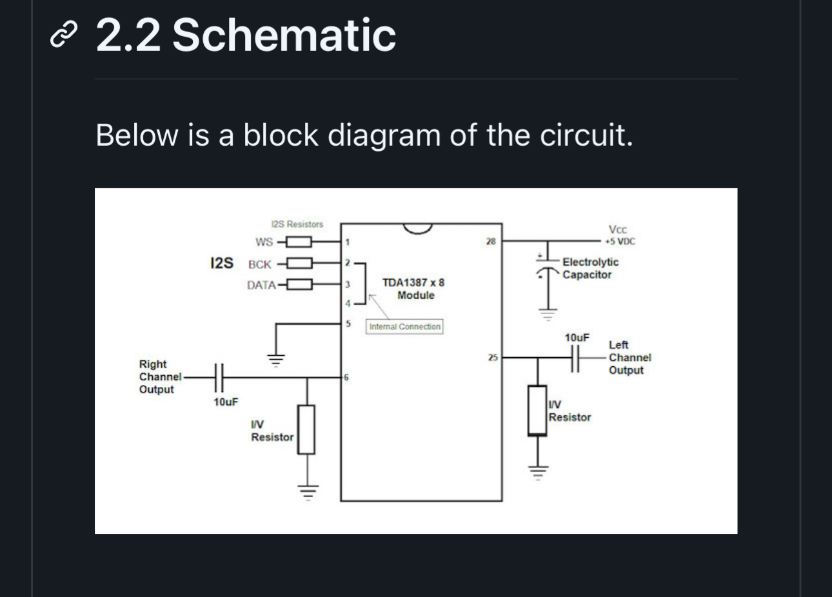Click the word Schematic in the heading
(284, 35)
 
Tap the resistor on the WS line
(299, 242)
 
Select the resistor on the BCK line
(299, 264)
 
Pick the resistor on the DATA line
(299, 284)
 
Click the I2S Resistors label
(297, 224)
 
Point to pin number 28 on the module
(491, 242)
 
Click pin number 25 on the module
(492, 357)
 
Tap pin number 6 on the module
(346, 377)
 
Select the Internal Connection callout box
(404, 327)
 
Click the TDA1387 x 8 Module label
(413, 289)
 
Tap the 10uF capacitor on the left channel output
(575, 357)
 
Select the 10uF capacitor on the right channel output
(219, 377)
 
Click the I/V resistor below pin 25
(537, 410)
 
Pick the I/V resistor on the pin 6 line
(306, 429)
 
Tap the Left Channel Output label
(629, 357)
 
